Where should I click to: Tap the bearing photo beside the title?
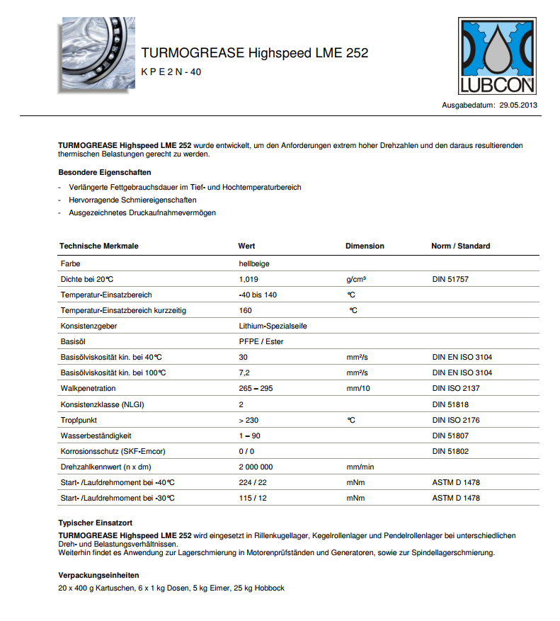coord(95,55)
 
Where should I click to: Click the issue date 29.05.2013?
coord(519,105)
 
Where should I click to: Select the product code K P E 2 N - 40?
coord(171,72)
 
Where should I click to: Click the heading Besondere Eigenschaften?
coord(104,172)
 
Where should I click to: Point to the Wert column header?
coord(246,246)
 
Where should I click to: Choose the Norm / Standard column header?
coord(460,246)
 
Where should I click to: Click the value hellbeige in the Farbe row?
coord(254,263)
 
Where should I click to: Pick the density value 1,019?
coord(248,279)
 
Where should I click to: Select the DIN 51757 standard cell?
coord(450,279)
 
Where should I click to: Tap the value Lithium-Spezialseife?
coord(273,326)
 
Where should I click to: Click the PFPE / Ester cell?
coord(261,341)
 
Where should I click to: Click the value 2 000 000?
coord(256,467)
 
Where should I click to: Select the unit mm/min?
coord(360,467)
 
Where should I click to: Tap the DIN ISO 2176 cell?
coord(456,420)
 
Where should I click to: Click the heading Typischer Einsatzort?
coord(97,522)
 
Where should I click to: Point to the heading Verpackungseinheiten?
coord(98,575)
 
